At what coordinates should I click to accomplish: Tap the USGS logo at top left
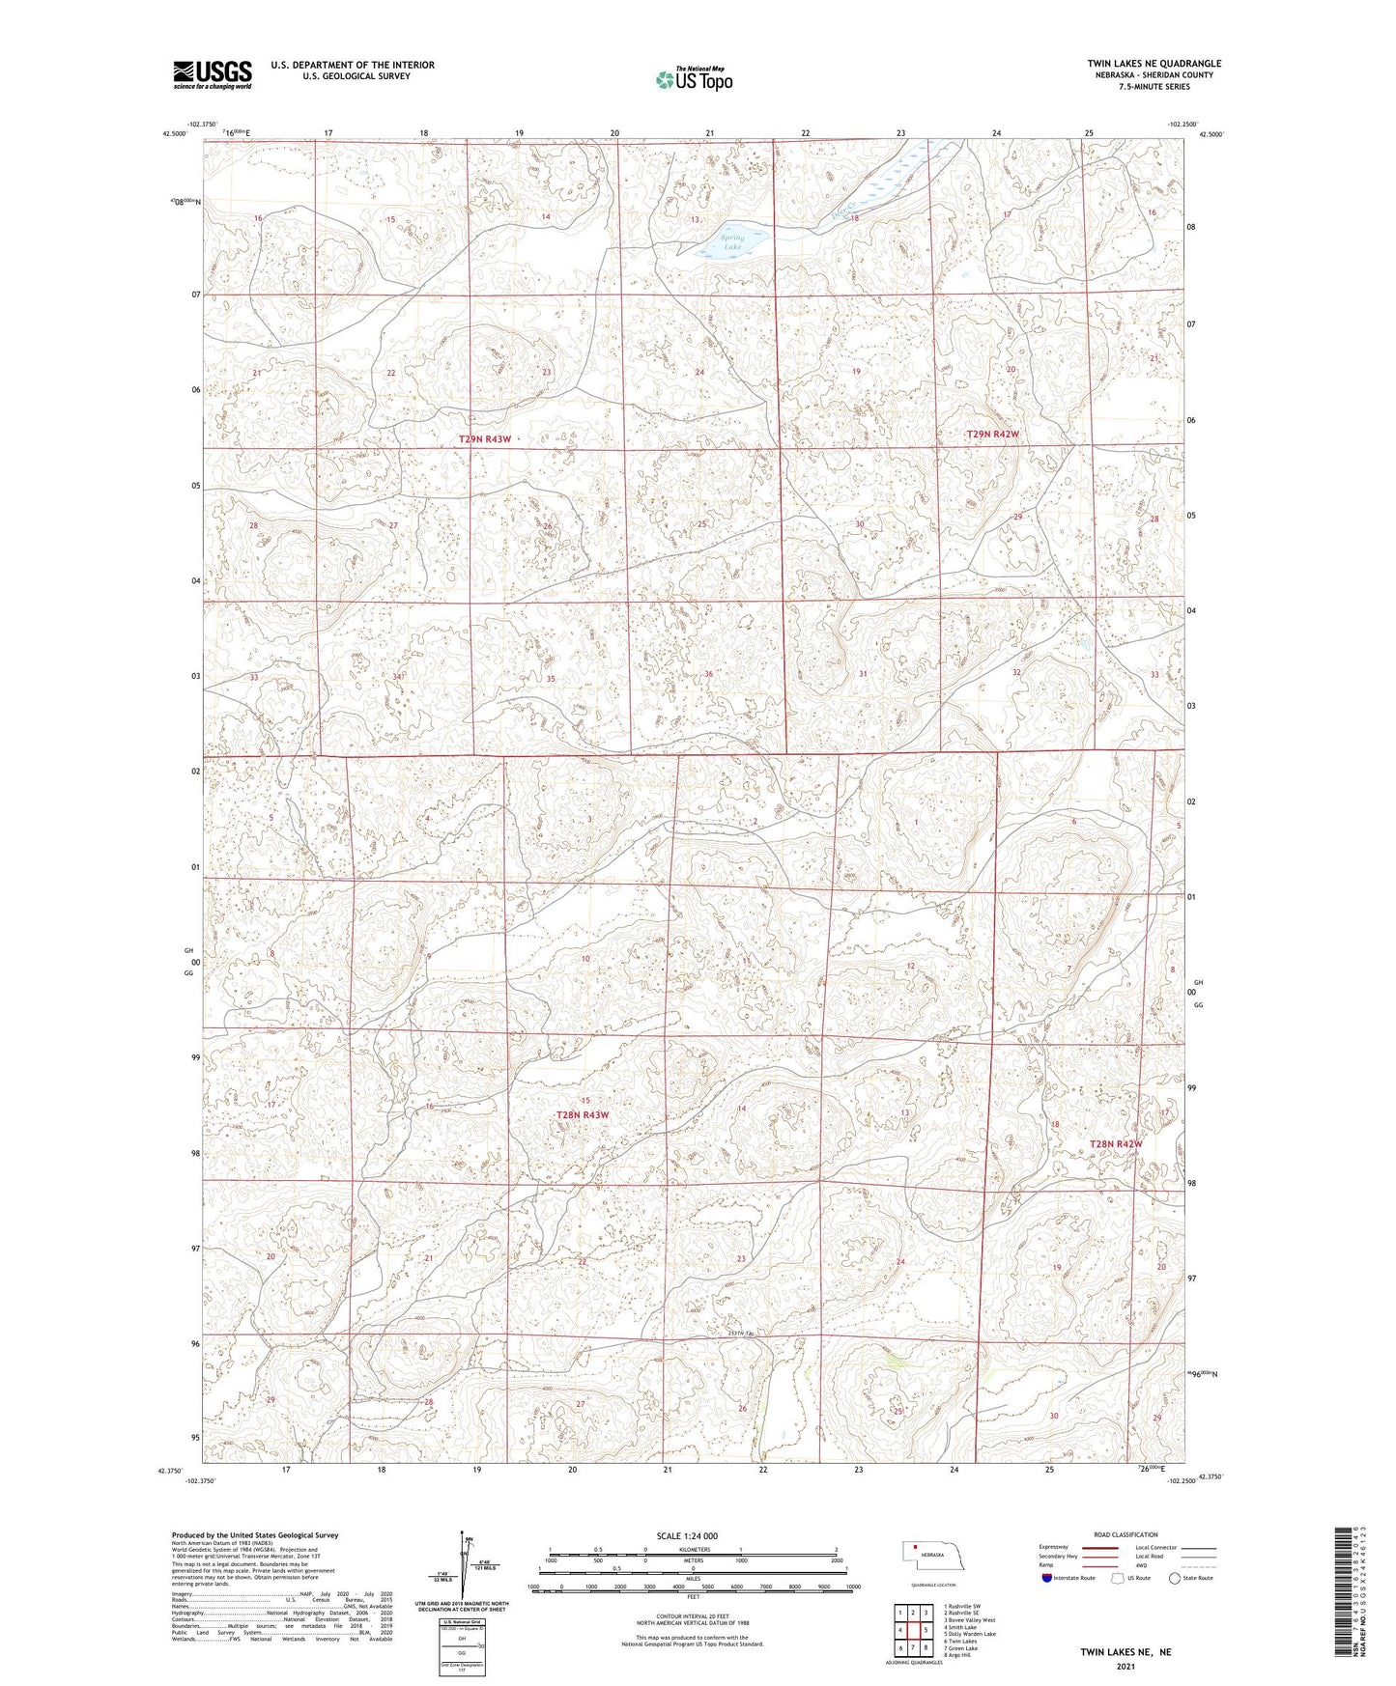[213, 74]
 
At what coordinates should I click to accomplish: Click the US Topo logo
[693, 79]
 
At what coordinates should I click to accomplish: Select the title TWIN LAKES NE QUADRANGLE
[1154, 64]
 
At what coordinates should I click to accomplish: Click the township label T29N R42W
[992, 436]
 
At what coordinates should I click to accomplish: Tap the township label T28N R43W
[583, 1115]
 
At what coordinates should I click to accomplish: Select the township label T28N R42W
[1115, 1144]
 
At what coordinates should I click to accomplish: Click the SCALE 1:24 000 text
[687, 1536]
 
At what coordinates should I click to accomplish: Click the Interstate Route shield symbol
[1046, 1578]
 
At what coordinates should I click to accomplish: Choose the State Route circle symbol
[1175, 1578]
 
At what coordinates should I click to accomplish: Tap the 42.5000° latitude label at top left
[174, 135]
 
